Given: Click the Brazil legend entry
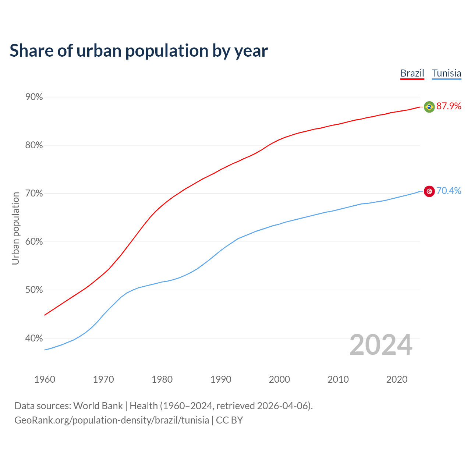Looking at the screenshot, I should point(412,73).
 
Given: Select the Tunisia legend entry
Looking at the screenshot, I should point(446,73).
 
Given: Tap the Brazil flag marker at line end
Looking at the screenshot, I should point(429,107).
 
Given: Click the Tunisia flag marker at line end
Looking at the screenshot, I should point(429,191).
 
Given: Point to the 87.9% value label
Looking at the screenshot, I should point(449,106).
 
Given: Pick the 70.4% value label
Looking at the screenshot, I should point(449,191).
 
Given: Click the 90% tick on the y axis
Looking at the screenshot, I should point(34,97).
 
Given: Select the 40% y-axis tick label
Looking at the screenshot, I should point(34,338).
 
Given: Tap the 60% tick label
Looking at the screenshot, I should point(34,242).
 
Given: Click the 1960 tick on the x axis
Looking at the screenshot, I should point(45,379).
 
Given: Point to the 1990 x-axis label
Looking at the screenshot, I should point(221,379).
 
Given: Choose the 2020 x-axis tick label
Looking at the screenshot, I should point(397,379).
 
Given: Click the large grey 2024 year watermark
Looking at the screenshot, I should point(381,345).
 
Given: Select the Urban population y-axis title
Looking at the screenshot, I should point(15,229).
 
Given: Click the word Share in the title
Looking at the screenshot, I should point(31,51).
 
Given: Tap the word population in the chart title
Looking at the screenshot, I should point(167,51).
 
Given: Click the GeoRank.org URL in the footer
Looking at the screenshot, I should point(111,420).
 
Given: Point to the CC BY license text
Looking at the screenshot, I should point(229,420).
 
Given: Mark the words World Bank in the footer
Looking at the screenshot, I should point(98,406).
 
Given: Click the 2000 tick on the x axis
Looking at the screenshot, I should point(279,379).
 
